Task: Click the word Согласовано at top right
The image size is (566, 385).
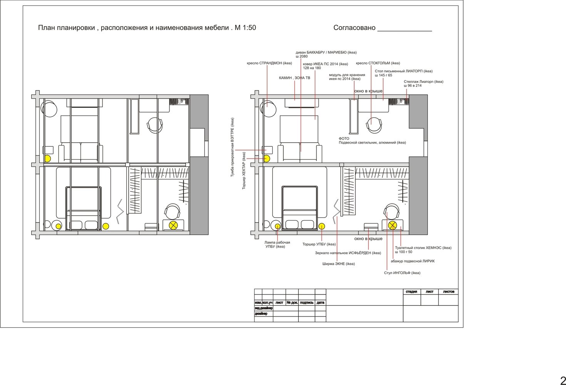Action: [354, 28]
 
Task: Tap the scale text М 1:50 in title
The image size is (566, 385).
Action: [245, 28]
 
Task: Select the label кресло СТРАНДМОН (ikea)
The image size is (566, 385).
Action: [270, 63]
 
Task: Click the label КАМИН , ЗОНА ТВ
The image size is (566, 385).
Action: [295, 78]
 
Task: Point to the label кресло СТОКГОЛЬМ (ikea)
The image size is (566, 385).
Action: [378, 63]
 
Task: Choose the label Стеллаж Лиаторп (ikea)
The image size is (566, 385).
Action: [424, 82]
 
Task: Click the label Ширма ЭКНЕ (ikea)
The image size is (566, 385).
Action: [338, 264]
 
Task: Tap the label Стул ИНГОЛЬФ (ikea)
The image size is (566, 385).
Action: [402, 273]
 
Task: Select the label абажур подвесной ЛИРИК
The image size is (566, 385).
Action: [413, 261]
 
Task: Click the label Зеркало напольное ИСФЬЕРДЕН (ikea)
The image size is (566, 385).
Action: [348, 253]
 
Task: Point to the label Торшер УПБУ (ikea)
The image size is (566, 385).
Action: [319, 244]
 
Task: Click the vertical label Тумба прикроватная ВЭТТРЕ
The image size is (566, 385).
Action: [232, 147]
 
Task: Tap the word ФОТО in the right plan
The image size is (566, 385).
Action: [344, 139]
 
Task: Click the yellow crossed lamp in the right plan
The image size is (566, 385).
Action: [392, 225]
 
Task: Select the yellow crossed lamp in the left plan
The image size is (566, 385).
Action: [173, 225]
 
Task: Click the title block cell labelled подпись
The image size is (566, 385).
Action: [307, 302]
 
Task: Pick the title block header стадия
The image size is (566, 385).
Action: [411, 292]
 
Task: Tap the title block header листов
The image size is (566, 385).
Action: [449, 292]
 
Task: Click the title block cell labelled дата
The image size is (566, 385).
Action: [320, 302]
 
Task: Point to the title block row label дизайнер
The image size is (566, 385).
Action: [261, 314]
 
